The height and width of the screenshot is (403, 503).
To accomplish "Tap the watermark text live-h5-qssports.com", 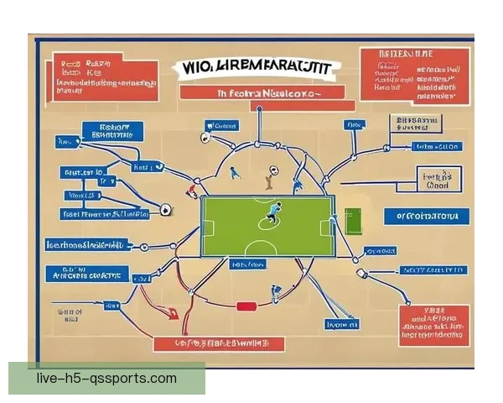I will pyautogui.click(x=106, y=378).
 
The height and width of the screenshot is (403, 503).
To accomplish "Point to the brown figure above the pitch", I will pyautogui.click(x=268, y=178).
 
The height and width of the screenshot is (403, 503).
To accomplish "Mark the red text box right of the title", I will pyautogui.click(x=412, y=75).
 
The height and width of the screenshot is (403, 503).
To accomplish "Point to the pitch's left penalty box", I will pyautogui.click(x=209, y=226).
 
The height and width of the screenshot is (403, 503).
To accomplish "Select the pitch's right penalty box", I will pyautogui.click(x=327, y=226).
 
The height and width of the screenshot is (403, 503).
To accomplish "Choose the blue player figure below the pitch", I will pyautogui.click(x=275, y=294).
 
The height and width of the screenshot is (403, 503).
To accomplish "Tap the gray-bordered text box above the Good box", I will pyautogui.click(x=417, y=125).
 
